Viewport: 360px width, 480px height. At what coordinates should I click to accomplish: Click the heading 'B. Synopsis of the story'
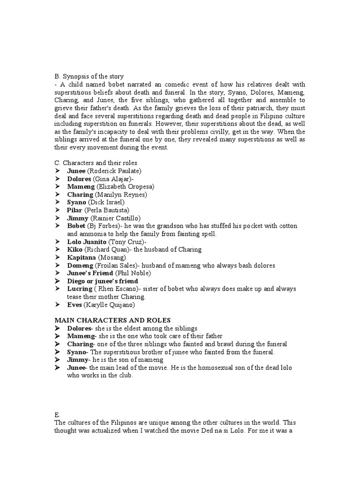tap(89, 76)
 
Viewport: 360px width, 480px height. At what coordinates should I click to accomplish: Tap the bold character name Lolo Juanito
tap(87, 242)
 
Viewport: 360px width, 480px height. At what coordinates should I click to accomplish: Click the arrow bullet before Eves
tap(58, 305)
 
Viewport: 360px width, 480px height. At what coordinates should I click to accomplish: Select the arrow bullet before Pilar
tap(58, 210)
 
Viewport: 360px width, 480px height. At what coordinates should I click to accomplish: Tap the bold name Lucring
tap(80, 289)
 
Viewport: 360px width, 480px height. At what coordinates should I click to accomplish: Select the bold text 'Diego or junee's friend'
tap(102, 281)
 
